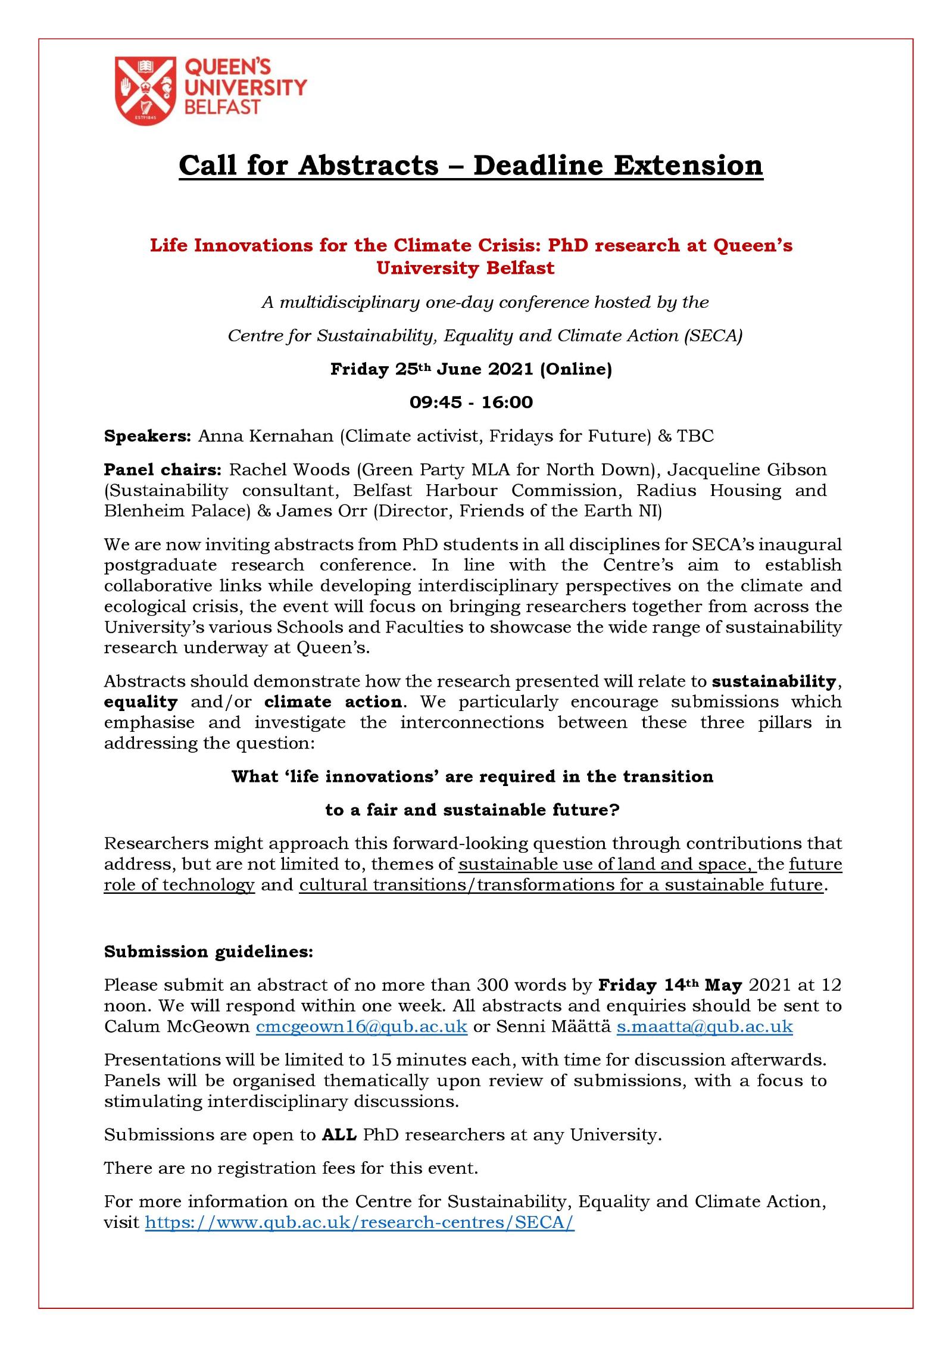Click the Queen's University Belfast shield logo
145,91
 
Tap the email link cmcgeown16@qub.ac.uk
361,1026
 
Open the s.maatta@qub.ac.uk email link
704,1026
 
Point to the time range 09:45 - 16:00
471,403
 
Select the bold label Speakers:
147,436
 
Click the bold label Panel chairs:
163,469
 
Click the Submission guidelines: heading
208,951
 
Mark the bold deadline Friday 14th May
670,985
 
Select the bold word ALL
339,1134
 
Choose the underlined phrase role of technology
179,884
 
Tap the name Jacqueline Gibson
747,469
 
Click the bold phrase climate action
333,701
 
